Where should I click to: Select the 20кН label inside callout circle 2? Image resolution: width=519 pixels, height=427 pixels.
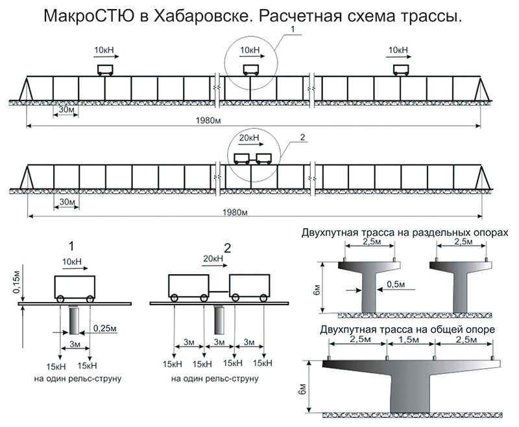tap(249, 138)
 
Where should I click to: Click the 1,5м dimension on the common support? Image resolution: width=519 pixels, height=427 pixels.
tap(410, 340)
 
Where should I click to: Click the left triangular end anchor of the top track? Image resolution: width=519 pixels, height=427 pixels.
tap(27, 88)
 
